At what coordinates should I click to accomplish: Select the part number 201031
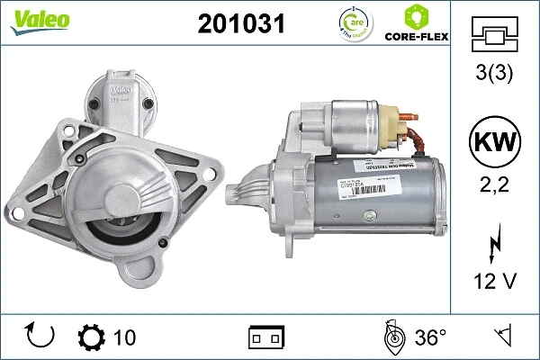pos(240,25)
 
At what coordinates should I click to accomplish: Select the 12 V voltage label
pos(494,282)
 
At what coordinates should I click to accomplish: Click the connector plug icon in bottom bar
pos(265,337)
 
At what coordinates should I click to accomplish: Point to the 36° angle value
pos(430,337)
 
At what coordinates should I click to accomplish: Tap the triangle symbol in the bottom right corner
pos(501,337)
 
